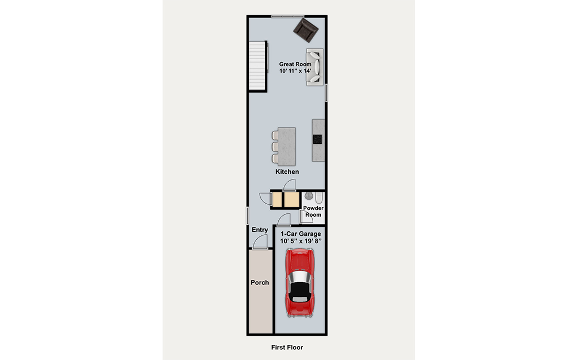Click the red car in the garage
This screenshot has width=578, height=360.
(300, 283)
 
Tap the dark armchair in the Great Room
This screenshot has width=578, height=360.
(305, 30)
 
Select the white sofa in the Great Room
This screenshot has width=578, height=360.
(315, 67)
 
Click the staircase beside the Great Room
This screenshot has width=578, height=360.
(257, 65)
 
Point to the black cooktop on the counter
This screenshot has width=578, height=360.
(317, 139)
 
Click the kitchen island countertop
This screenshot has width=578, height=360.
(287, 146)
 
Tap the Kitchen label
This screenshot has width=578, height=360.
(287, 172)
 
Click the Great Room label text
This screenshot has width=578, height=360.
(295, 64)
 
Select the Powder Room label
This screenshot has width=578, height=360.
(313, 211)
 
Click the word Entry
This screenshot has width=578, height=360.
(260, 230)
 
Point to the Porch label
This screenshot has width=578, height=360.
(260, 283)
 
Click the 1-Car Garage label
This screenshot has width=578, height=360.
(301, 234)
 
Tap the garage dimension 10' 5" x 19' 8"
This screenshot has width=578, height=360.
(301, 242)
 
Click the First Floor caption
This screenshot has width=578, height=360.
(287, 347)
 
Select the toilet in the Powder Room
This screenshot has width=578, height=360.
(319, 198)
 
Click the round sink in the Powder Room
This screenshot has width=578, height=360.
(309, 196)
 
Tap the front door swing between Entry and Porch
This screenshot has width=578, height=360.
(260, 242)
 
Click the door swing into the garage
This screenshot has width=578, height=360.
(284, 219)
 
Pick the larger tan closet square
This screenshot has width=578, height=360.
(292, 200)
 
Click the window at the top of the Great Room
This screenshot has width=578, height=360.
(288, 16)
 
